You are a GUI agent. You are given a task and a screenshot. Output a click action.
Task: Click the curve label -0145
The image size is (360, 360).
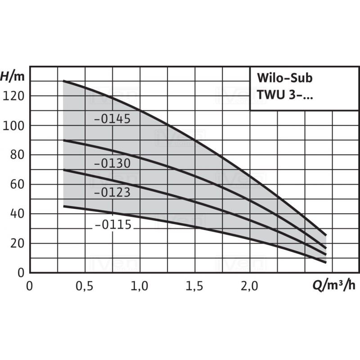[112, 119]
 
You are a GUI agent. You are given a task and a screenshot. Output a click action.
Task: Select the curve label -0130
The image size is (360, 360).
[112, 163]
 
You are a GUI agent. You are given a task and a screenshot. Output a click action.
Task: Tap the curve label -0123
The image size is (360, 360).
[112, 192]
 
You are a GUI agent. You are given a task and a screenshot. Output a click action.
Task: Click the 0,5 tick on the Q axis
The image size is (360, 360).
[85, 286]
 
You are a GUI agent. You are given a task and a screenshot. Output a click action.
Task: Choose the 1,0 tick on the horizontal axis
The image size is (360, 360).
[139, 286]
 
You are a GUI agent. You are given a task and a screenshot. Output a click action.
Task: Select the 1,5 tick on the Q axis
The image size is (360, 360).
[194, 286]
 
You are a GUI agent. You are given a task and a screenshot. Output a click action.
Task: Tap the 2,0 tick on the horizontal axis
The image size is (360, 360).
[249, 286]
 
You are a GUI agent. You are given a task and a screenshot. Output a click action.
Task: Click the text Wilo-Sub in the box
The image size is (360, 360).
[284, 77]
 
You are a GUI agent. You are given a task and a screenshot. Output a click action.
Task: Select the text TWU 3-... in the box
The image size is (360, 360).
[286, 94]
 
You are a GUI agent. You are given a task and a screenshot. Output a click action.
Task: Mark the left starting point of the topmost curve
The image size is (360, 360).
[63, 81]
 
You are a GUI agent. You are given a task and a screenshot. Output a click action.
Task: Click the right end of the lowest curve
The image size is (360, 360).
[325, 262]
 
